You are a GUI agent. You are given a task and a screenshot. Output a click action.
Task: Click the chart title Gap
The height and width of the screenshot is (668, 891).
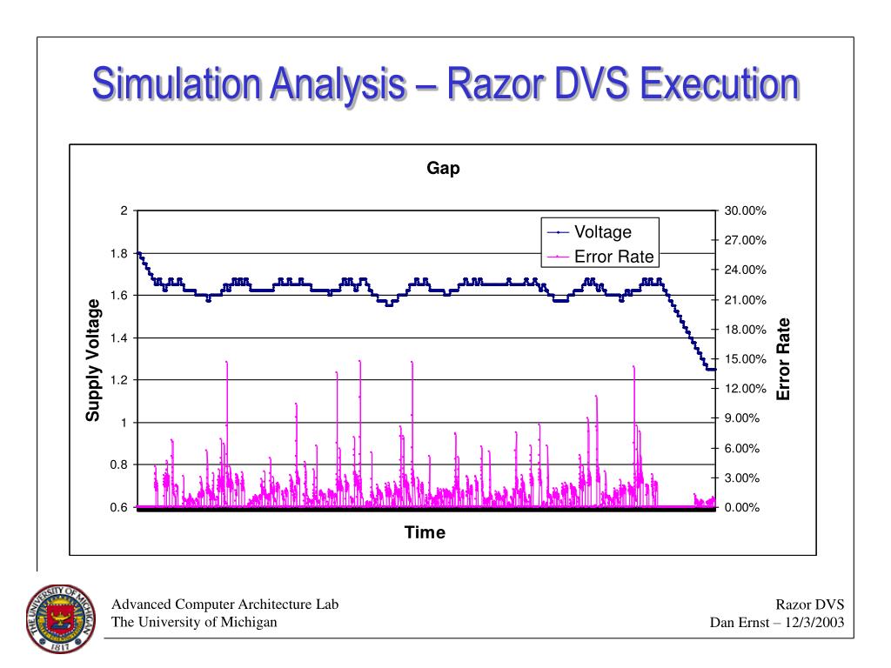[443, 169]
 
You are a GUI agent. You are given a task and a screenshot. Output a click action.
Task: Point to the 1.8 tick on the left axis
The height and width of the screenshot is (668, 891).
[118, 253]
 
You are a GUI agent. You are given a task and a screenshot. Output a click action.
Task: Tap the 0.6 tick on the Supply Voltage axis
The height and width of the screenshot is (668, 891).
[118, 507]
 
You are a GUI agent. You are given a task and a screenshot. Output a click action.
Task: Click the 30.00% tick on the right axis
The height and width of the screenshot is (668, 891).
[744, 211]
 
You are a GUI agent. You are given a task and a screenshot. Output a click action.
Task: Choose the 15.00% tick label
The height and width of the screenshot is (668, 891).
[744, 359]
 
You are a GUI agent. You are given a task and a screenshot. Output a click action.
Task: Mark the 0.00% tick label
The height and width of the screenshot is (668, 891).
[741, 507]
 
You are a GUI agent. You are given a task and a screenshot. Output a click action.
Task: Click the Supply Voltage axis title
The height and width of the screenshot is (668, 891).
[92, 359]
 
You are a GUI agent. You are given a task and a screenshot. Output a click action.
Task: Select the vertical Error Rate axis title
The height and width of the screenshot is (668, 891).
[784, 359]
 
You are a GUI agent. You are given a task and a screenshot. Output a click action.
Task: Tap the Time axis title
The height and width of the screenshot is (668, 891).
[425, 532]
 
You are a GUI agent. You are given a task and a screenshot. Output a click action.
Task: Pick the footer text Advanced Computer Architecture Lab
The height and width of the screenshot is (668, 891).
[225, 605]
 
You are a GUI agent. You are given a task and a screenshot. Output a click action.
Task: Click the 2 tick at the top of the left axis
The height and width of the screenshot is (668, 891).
[124, 211]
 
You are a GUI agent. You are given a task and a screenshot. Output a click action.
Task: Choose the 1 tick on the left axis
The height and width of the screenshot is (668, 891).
[124, 423]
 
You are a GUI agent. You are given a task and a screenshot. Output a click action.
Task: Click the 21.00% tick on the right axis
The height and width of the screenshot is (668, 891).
[744, 300]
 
